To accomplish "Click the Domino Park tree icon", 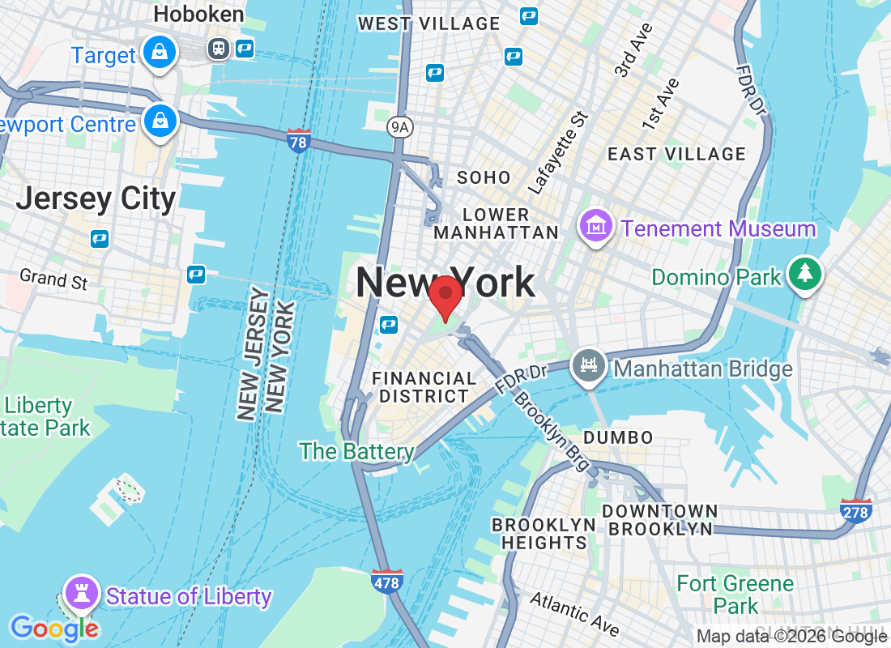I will tap(804, 274).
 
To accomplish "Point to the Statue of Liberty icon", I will tap(81, 593).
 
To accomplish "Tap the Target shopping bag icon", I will tap(160, 53).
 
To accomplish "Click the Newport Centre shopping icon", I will tap(160, 122).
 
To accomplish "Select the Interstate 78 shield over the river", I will tap(298, 142).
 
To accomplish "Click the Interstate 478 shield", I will tap(388, 581).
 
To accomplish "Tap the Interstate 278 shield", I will tap(855, 511).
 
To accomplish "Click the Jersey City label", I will tap(96, 199).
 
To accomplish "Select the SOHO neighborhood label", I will tap(484, 177).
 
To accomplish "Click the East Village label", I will tap(676, 154).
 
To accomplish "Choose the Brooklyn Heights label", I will tap(544, 533).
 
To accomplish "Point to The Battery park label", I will tap(356, 451).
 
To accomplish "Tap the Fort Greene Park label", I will tap(735, 594).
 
